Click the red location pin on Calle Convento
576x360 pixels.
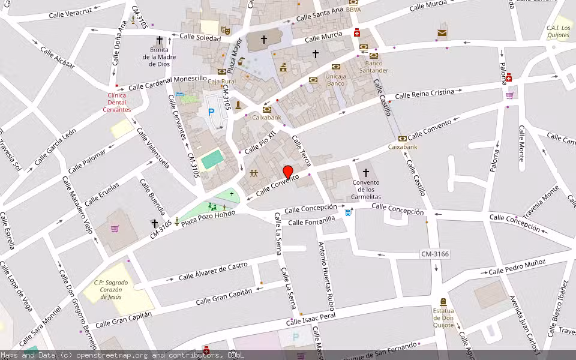[288, 172]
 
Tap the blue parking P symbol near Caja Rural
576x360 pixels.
[211, 112]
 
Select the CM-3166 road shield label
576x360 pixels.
[435, 254]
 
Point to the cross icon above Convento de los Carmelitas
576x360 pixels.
[366, 173]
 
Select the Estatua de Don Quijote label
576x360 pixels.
[443, 318]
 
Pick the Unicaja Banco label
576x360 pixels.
[335, 80]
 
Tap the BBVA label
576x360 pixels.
[353, 10]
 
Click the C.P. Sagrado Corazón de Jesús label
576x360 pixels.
[113, 289]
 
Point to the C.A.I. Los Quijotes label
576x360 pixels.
[558, 31]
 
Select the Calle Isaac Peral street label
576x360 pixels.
[310, 319]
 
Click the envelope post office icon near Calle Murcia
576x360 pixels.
[442, 32]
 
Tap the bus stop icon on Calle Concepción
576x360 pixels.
[349, 212]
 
